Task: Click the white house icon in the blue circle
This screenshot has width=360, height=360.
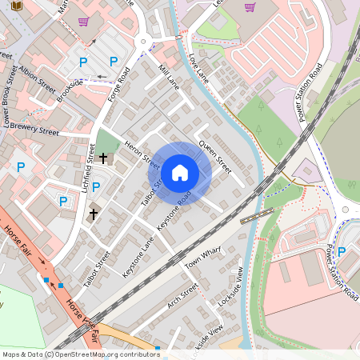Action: tap(180, 172)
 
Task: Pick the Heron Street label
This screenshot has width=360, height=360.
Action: tap(142, 147)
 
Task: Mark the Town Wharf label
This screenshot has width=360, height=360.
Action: tap(202, 257)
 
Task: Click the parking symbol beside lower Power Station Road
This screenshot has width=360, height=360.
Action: tap(342, 252)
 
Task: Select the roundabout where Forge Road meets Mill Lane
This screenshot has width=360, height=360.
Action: tap(144, 42)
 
